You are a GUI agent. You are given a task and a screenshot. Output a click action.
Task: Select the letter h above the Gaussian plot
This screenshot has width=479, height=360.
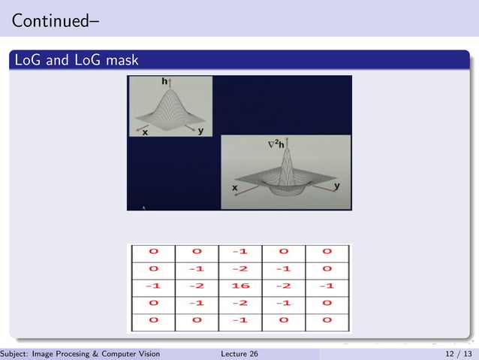point(164,80)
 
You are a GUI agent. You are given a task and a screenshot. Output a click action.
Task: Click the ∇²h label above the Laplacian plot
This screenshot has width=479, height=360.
point(277,142)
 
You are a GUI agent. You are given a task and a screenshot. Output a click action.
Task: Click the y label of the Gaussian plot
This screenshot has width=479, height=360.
point(200,132)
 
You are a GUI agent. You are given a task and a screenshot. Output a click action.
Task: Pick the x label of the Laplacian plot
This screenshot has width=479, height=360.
point(235,187)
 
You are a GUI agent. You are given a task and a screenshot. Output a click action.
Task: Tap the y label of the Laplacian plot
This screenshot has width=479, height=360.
point(336,185)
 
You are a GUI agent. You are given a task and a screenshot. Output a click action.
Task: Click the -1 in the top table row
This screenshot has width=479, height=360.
point(240,253)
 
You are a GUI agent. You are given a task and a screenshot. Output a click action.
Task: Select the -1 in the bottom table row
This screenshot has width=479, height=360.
point(240,321)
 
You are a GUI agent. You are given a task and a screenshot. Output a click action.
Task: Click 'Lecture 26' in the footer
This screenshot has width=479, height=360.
point(240,354)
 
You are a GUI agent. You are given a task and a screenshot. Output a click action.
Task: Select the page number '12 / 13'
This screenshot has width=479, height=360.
point(458,354)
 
